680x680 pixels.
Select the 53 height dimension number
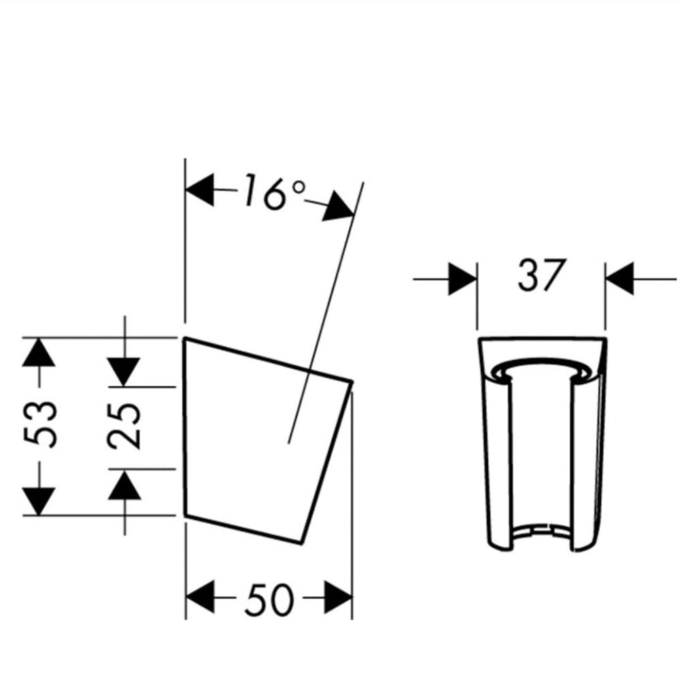tap(40, 424)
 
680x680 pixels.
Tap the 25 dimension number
tap(124, 426)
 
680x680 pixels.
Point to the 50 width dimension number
tap(269, 599)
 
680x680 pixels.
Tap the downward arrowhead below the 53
tap(39, 501)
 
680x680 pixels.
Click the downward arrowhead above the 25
tap(124, 372)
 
